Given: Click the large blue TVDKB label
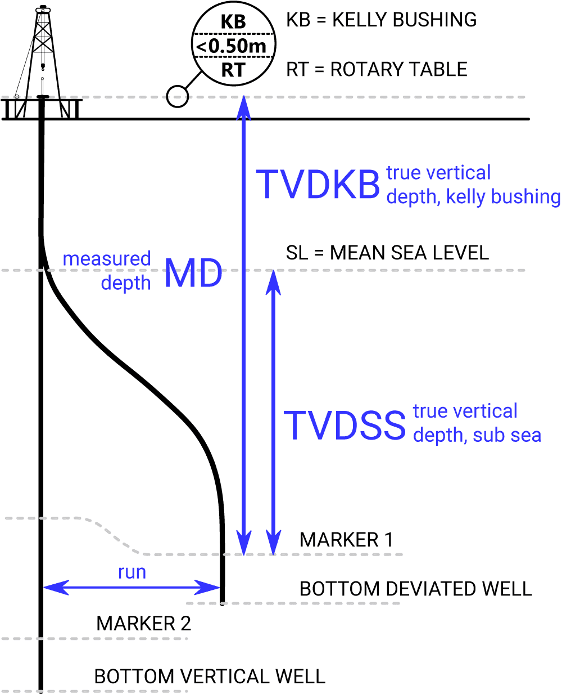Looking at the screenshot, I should (x=318, y=185).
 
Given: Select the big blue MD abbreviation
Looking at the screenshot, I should (x=193, y=274).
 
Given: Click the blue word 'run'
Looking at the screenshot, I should (x=132, y=572).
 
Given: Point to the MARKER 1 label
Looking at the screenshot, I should (x=346, y=540).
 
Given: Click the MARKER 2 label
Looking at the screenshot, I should (x=143, y=623).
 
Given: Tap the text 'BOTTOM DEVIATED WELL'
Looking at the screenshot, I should (x=415, y=589).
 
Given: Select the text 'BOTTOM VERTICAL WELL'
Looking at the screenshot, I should (x=210, y=676).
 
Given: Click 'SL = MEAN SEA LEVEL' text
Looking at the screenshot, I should (x=387, y=253).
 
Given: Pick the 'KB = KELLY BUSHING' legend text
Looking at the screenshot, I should (x=381, y=20).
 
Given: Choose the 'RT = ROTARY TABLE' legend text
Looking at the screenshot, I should (x=377, y=69).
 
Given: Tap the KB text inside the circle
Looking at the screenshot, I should (x=233, y=22).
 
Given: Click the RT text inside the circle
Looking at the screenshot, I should (x=233, y=70).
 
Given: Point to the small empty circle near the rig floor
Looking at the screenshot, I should (x=177, y=97).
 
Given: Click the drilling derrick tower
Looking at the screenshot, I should (x=43, y=51).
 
